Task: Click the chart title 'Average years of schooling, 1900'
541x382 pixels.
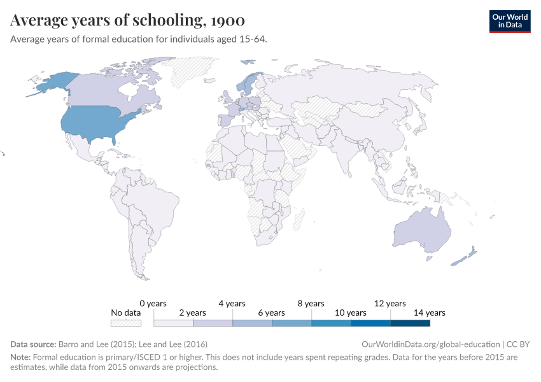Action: pos(127,20)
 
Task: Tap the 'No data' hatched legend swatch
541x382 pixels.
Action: pos(125,323)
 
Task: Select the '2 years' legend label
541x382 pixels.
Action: pos(192,313)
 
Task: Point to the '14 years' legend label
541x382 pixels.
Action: pos(430,313)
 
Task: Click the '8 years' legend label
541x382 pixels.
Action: pos(311,304)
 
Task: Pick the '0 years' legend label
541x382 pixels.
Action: pos(153,304)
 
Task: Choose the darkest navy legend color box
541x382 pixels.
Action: pos(410,323)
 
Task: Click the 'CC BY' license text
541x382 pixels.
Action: pos(518,344)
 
